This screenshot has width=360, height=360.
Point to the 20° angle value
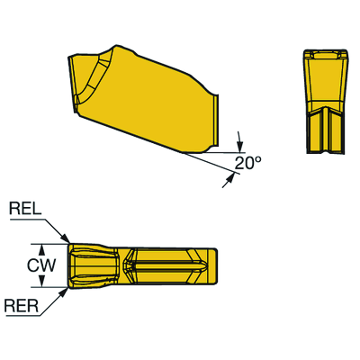247,163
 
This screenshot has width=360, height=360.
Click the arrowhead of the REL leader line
67,239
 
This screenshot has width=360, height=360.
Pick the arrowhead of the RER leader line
67,290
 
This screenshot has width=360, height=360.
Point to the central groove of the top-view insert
166,265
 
